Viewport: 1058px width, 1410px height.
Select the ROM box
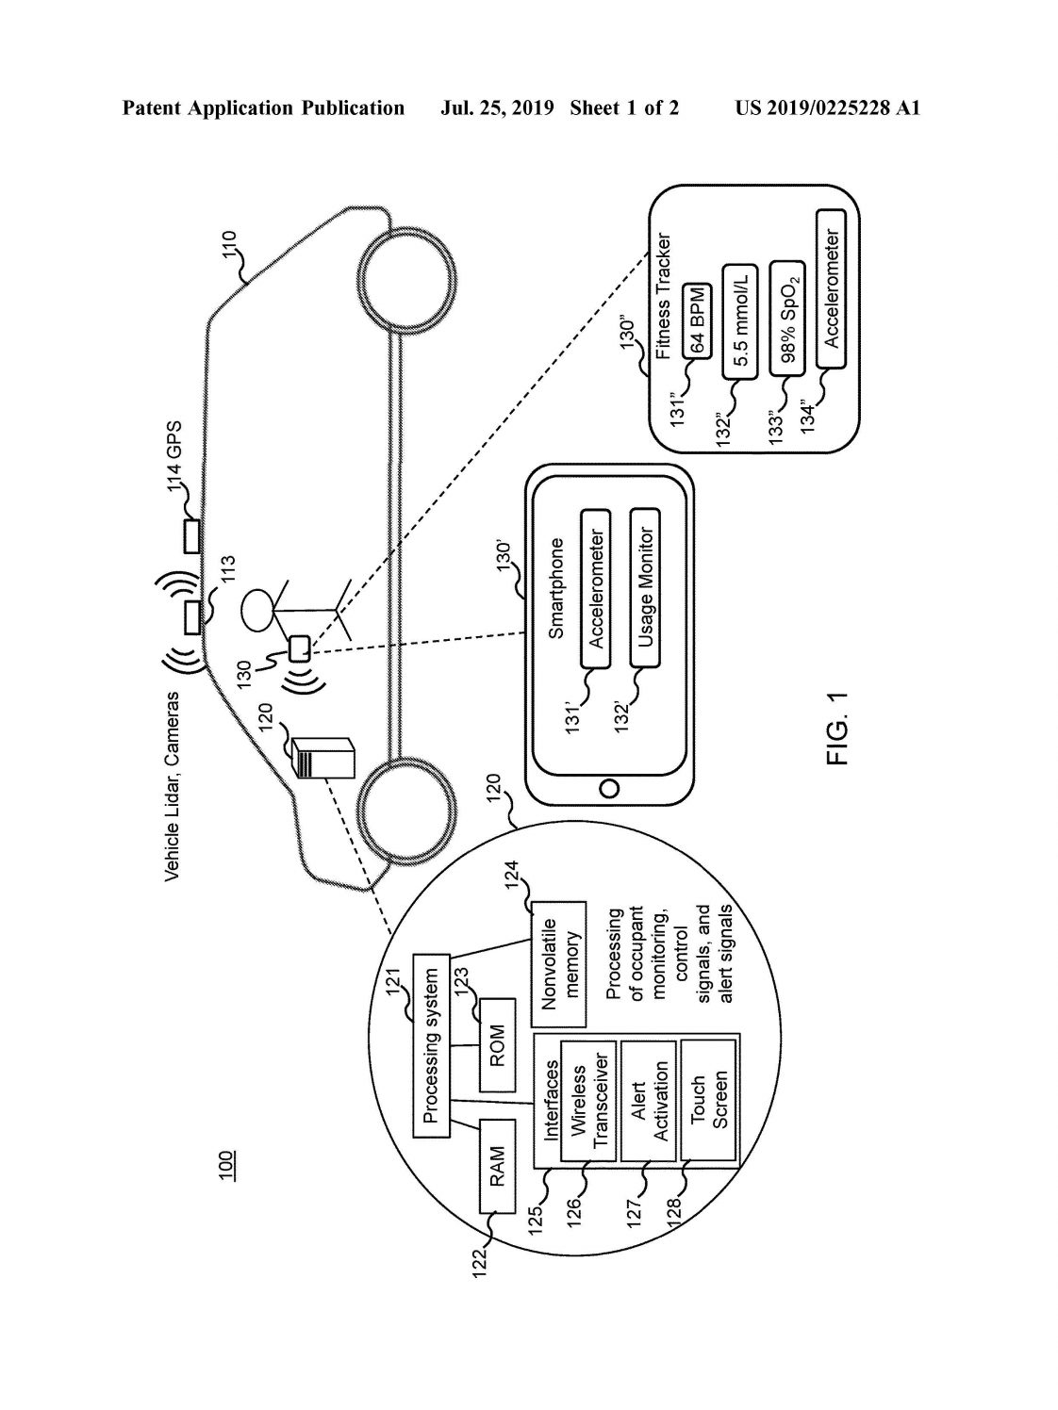point(497,1045)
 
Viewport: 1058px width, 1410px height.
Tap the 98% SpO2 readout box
point(787,319)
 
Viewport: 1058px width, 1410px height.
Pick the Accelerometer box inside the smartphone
point(596,588)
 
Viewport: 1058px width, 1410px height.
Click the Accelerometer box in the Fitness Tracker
point(832,288)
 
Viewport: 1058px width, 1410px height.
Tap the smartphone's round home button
point(609,788)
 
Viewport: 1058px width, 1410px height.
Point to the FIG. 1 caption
point(837,729)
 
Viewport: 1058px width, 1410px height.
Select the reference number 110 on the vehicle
point(229,245)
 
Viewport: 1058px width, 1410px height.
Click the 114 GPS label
point(174,457)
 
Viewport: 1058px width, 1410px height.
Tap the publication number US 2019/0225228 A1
point(827,108)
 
